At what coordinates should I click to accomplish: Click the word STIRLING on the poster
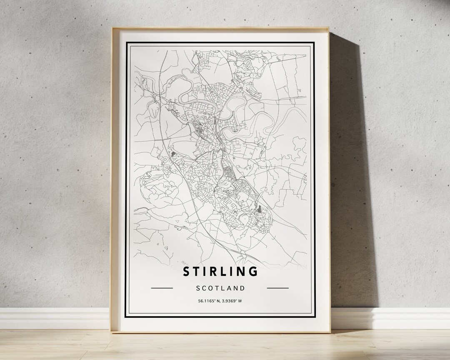tap(220, 271)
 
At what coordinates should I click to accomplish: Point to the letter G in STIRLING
tap(252, 271)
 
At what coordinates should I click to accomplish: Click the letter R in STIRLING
tap(211, 271)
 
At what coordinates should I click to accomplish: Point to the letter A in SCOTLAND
tap(230, 288)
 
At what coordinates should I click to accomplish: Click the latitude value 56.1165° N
tap(208, 301)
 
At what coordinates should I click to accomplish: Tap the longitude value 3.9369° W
tap(232, 301)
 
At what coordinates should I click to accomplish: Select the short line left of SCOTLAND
tap(162, 288)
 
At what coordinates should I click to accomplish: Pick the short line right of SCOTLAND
tap(277, 288)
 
